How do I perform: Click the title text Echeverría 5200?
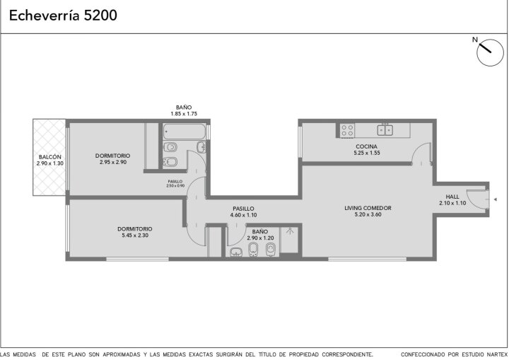[x=63, y=16]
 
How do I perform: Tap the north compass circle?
[x=490, y=52]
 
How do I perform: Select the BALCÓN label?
[x=49, y=157]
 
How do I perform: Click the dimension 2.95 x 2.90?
[x=113, y=162]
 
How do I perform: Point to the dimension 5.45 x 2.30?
[x=135, y=236]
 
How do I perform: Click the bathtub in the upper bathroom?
[x=184, y=132]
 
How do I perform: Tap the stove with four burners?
[x=347, y=130]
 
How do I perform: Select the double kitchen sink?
[x=385, y=129]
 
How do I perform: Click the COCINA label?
[x=366, y=146]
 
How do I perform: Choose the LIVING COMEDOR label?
[x=368, y=208]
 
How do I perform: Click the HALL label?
[x=452, y=197]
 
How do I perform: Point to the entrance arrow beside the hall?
[x=495, y=199]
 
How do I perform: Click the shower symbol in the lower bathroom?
[x=290, y=231]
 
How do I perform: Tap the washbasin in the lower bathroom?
[x=236, y=252]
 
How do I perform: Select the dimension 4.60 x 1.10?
[x=243, y=215]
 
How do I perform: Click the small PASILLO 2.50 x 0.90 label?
[x=175, y=184]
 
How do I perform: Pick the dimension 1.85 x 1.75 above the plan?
[x=184, y=114]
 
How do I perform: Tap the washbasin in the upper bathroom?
[x=201, y=147]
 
